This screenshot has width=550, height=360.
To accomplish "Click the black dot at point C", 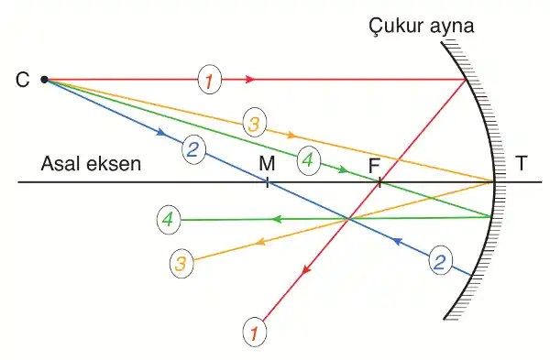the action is [x=44, y=80].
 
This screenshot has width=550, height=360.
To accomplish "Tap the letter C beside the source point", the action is [x=23, y=80].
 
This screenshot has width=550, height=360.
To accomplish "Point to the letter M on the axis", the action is [x=267, y=164].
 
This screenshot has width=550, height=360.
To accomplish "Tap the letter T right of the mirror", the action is [x=521, y=164].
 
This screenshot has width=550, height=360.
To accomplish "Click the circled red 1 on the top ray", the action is [x=209, y=81].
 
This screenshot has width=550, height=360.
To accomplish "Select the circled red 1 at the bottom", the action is [x=255, y=331].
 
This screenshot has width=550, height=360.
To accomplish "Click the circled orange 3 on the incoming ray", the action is [x=255, y=123].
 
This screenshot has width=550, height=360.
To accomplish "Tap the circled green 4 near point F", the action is [x=308, y=160].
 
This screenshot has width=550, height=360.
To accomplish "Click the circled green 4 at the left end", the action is [x=167, y=220].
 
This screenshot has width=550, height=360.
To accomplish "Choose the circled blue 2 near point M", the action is [x=192, y=150].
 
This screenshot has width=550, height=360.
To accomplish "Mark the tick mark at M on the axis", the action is [x=267, y=182].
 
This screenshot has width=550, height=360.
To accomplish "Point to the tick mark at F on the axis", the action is [x=379, y=182].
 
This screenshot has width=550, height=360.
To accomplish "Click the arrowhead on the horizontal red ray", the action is [x=250, y=81].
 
